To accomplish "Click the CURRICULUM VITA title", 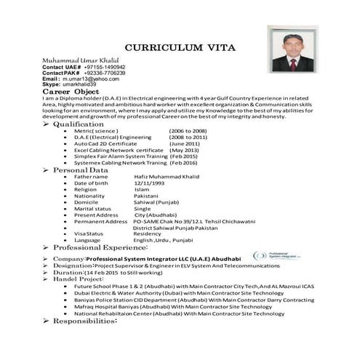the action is pyautogui.click(x=180, y=45).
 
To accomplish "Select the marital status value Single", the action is pyautogui.click(x=143, y=209).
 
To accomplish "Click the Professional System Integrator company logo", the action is pyautogui.click(x=280, y=256).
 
